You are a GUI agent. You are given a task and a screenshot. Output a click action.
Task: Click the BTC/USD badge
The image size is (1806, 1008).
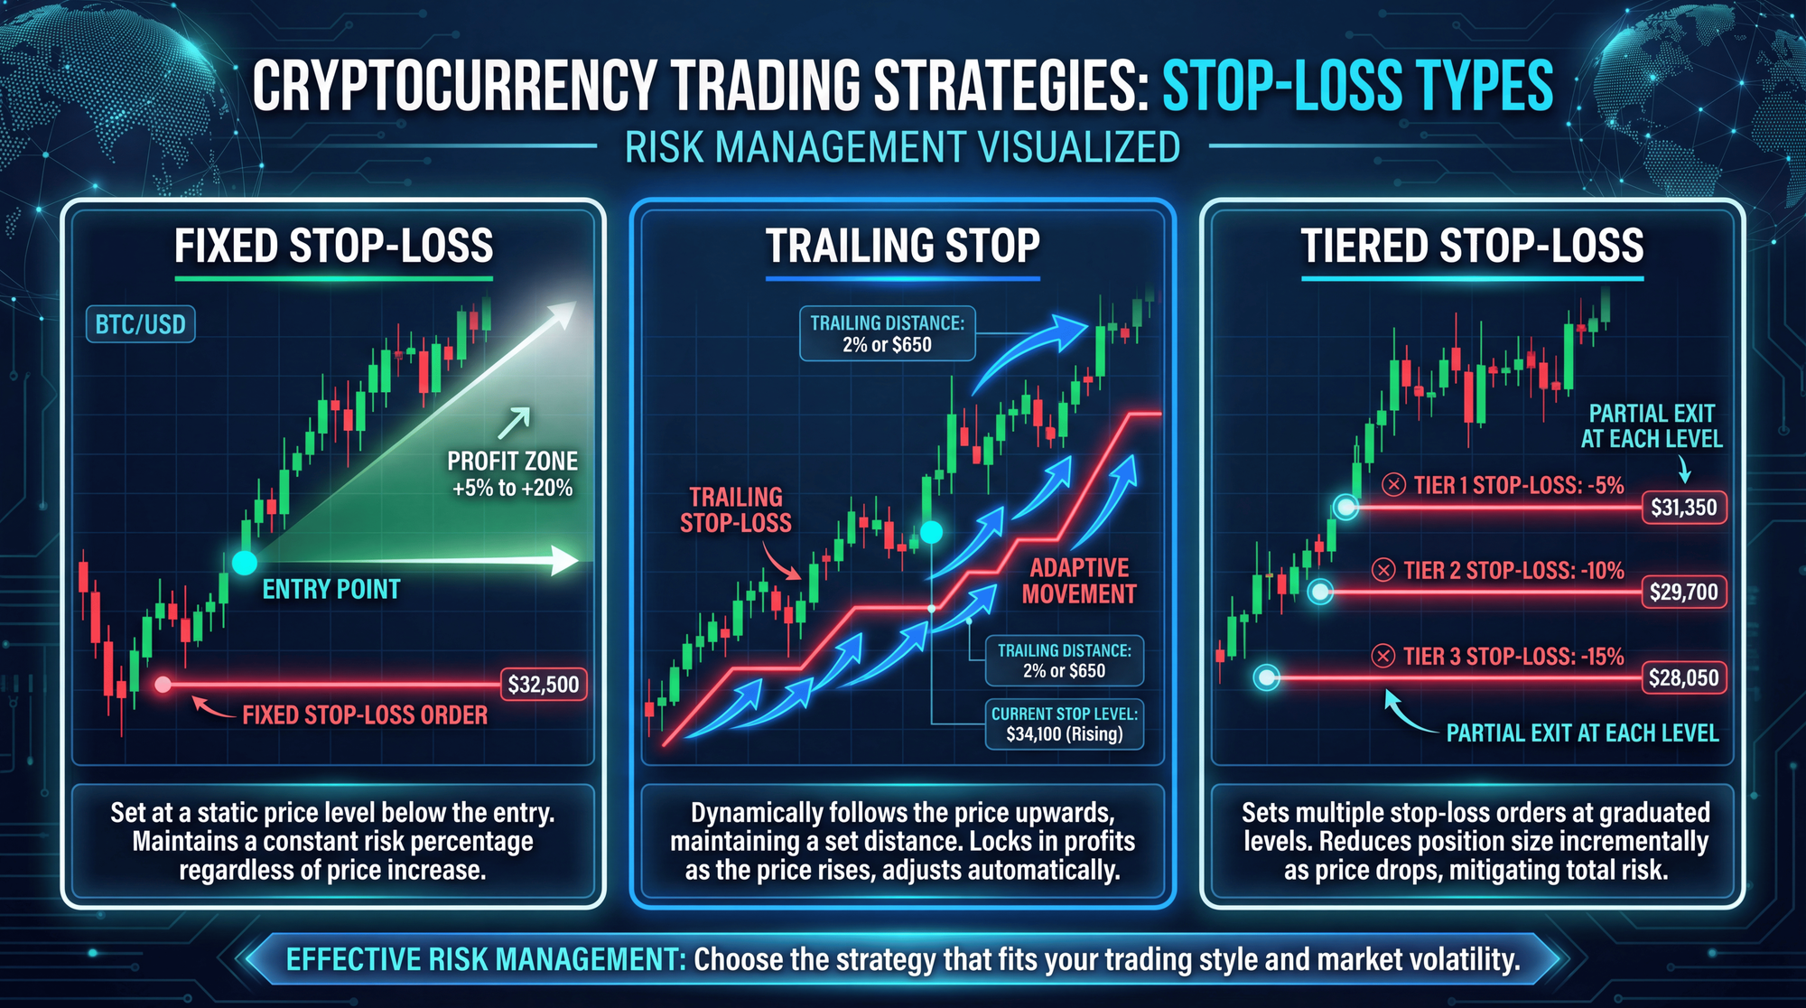coord(140,324)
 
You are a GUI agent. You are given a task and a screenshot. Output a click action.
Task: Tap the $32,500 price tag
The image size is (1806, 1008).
coord(544,684)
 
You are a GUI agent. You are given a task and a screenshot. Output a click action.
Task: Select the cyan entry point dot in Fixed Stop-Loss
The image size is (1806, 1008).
coord(245,562)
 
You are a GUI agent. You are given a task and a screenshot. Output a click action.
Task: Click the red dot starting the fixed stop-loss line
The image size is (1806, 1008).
coord(163,685)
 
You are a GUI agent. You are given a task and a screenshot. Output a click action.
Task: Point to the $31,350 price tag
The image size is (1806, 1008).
coord(1684,507)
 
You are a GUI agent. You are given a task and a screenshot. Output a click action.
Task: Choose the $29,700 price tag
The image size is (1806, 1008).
coord(1684,592)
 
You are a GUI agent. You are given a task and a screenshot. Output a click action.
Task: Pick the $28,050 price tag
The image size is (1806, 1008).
coord(1684,677)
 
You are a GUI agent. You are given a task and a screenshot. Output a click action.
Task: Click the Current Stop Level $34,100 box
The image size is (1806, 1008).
coord(1065,723)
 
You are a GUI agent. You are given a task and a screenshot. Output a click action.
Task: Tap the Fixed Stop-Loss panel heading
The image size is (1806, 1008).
coord(334,246)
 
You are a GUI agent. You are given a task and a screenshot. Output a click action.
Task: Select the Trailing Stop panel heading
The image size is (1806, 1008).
coord(903,246)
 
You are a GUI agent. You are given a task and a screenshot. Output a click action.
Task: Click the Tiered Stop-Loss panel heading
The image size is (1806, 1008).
coord(1472,246)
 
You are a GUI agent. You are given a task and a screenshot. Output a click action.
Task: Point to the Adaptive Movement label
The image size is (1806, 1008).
coord(1079,581)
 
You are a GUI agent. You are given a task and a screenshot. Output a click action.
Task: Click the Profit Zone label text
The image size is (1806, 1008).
coord(512,474)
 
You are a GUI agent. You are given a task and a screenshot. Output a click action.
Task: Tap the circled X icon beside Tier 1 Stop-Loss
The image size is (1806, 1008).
coord(1394,485)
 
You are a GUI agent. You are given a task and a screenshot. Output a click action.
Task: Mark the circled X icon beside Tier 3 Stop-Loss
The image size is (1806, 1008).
coord(1383,656)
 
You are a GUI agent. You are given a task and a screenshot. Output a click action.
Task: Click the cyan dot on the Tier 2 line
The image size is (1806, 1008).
coord(1321,592)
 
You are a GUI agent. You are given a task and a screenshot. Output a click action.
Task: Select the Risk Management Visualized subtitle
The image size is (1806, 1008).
coord(903,147)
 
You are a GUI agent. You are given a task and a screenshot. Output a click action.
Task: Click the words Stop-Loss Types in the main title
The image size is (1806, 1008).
coord(1357,86)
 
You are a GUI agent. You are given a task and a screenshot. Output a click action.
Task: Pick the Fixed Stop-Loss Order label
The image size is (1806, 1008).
coord(365,715)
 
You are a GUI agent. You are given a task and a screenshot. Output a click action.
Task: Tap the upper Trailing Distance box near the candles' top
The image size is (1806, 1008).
coord(888,333)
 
